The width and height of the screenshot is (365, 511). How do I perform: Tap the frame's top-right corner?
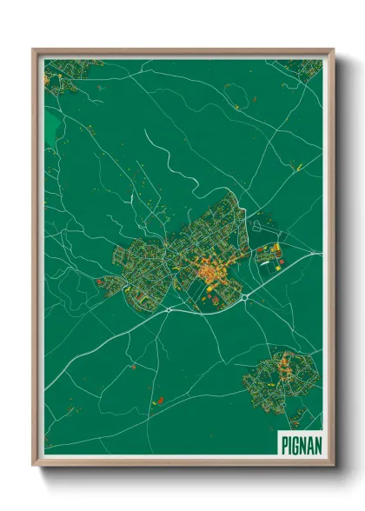335,50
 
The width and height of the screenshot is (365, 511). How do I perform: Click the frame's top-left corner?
33,50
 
